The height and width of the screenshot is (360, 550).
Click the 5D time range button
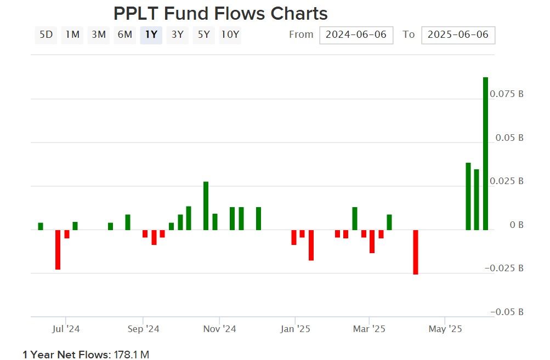coord(46,35)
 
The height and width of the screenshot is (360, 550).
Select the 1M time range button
coord(72,35)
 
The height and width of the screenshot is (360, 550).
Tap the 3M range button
coord(99,35)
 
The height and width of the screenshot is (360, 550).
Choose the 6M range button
coord(125,35)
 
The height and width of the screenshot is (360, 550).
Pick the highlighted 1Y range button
coord(151,35)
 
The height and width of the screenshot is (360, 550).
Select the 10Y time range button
coord(230,35)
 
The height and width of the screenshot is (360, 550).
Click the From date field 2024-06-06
coord(356,35)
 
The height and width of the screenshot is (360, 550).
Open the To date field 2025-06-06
coord(458,35)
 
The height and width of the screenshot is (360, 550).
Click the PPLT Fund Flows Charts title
coord(220,13)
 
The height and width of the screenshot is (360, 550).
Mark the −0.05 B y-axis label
coord(507,312)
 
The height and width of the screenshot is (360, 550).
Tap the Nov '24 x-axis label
coord(219,329)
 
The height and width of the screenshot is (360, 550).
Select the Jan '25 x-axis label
coord(295,329)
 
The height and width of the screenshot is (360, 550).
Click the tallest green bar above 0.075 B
coord(485,153)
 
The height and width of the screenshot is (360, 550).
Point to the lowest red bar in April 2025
coord(416,252)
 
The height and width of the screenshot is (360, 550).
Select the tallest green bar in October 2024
coord(206,205)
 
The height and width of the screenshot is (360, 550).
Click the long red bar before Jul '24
coord(58,249)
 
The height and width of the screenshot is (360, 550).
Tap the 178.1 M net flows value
coord(131,355)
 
